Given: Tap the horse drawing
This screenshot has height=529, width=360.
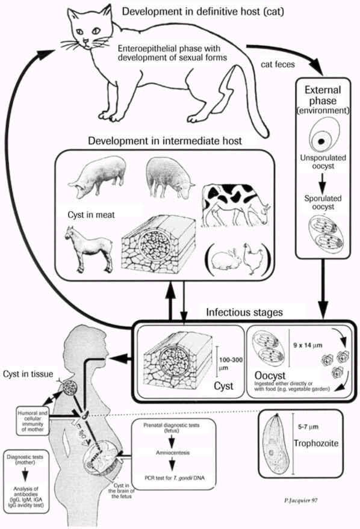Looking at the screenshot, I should pyautogui.click(x=88, y=247).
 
